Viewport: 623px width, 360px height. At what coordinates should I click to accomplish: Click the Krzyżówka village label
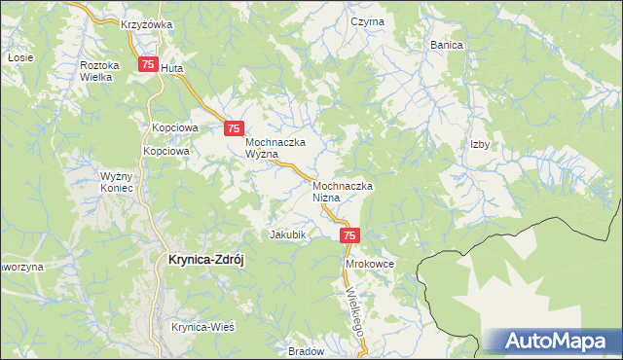pos(146,24)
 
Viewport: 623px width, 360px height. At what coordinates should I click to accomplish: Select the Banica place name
pos(446,45)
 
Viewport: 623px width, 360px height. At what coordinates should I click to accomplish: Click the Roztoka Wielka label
pos(99,71)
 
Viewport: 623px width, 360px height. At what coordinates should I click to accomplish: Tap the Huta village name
pos(171,69)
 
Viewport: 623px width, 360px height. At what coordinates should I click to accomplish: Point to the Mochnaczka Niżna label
pos(344,191)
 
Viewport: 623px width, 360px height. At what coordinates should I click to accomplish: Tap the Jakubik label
pos(287,234)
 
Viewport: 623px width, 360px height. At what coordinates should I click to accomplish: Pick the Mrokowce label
pos(366,264)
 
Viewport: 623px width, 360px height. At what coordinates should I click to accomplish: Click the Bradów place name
pos(306,351)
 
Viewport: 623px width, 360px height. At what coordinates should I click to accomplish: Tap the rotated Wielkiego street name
pos(354,309)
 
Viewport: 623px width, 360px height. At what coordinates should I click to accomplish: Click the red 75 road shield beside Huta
pos(147,65)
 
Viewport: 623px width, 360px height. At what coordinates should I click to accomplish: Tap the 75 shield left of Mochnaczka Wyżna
pos(233,128)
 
